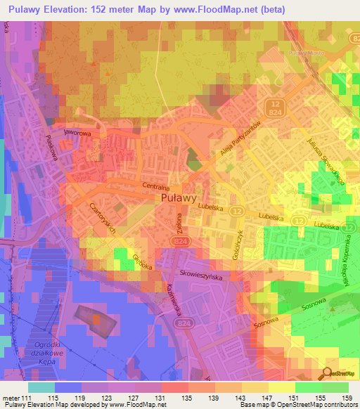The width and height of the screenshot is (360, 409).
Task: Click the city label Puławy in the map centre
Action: [x=179, y=199]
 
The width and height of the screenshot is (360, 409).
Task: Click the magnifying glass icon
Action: [x=326, y=373]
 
